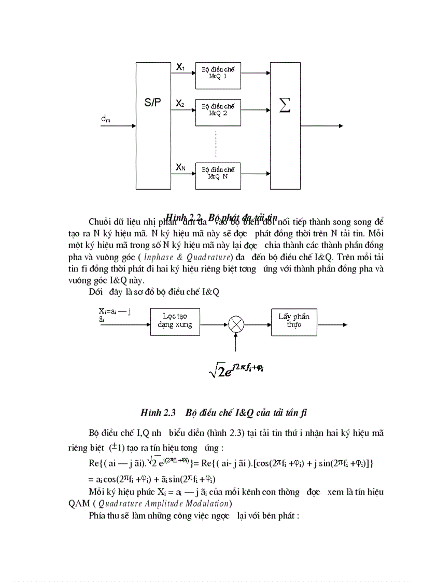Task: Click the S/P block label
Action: click(x=153, y=103)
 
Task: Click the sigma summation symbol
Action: click(x=285, y=106)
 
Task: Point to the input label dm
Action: click(x=105, y=120)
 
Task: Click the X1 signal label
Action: click(x=180, y=67)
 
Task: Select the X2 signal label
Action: click(x=180, y=104)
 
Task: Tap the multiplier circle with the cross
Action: click(x=236, y=324)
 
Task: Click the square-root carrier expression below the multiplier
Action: click(x=236, y=370)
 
